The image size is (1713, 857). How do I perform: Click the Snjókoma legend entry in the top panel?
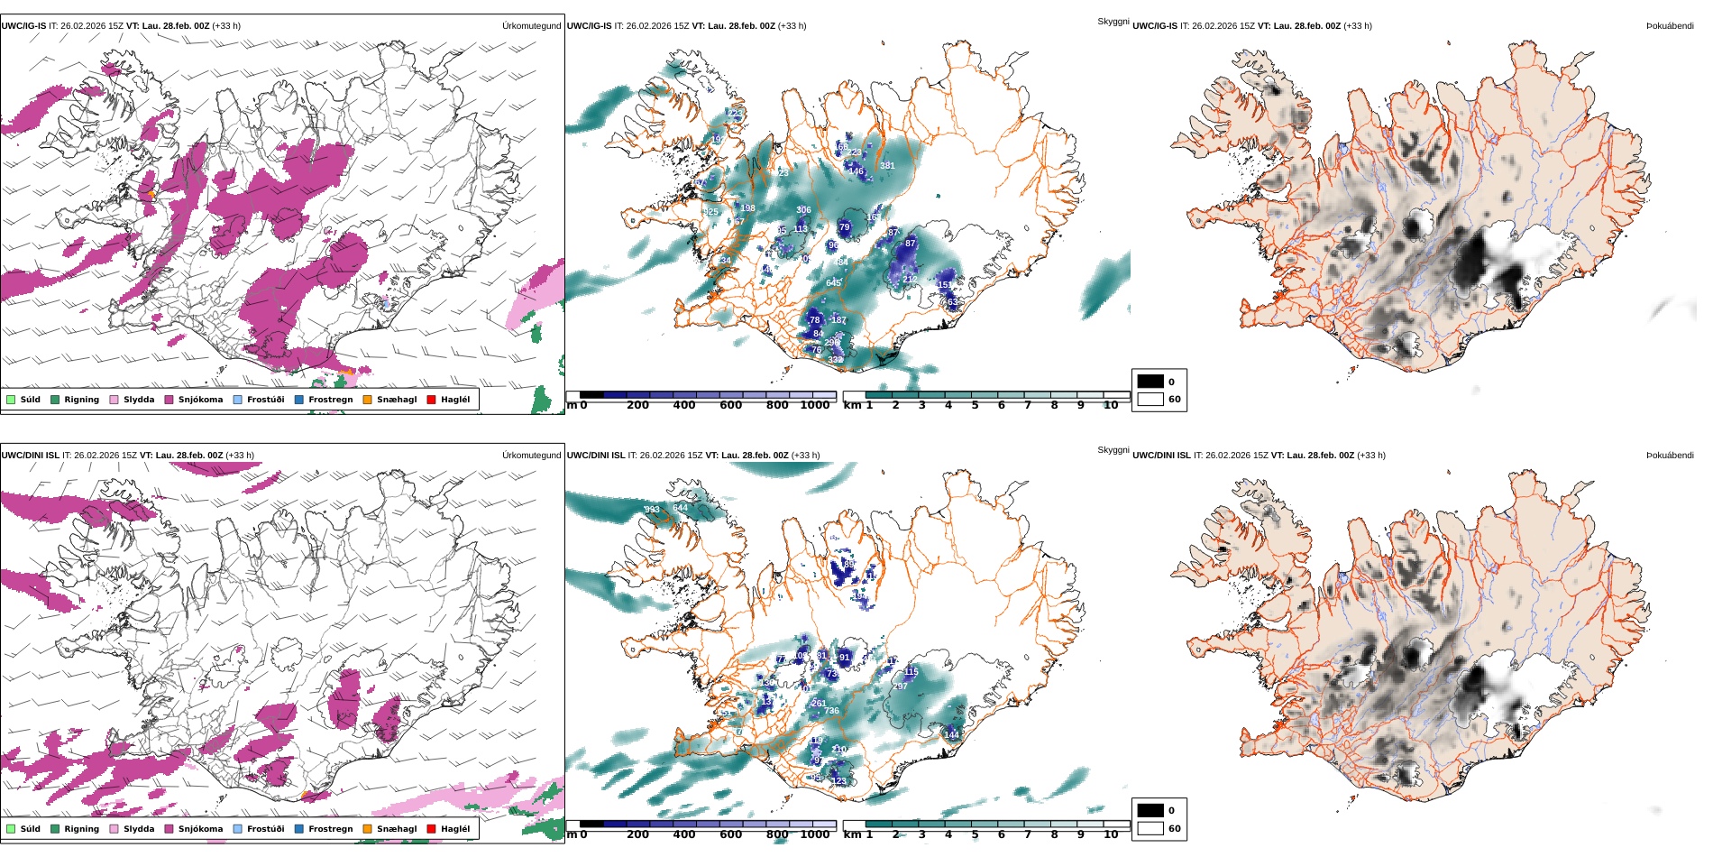pyautogui.click(x=200, y=400)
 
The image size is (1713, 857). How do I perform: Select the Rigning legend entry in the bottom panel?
pyautogui.click(x=81, y=829)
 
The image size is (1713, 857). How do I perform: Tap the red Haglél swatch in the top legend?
pyautogui.click(x=431, y=400)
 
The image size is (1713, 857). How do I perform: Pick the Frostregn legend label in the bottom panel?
pyautogui.click(x=330, y=829)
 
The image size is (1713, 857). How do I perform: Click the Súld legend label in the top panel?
pyautogui.click(x=30, y=400)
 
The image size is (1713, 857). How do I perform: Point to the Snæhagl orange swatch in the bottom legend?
pyautogui.click(x=367, y=829)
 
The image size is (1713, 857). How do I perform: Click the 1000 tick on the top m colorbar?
pyautogui.click(x=814, y=406)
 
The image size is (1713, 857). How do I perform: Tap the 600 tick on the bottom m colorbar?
pyautogui.click(x=730, y=835)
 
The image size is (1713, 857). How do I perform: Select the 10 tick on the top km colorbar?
pyautogui.click(x=1111, y=406)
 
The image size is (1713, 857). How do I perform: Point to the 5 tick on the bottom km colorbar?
pyautogui.click(x=975, y=835)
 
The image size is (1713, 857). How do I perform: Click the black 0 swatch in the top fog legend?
pyautogui.click(x=1150, y=382)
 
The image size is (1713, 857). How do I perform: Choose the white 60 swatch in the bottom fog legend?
pyautogui.click(x=1150, y=828)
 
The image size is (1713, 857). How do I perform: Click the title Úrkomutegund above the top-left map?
pyautogui.click(x=531, y=26)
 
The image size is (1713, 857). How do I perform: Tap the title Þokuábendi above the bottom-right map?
pyautogui.click(x=1670, y=456)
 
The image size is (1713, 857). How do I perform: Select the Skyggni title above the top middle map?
pyautogui.click(x=1113, y=21)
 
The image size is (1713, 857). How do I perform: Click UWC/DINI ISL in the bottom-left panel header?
pyautogui.click(x=30, y=456)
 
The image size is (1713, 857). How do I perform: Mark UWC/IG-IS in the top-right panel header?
pyautogui.click(x=1154, y=26)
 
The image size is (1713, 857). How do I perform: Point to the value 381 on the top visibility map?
pyautogui.click(x=887, y=166)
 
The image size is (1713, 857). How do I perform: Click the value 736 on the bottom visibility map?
pyautogui.click(x=830, y=711)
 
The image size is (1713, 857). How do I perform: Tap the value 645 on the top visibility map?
pyautogui.click(x=833, y=283)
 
